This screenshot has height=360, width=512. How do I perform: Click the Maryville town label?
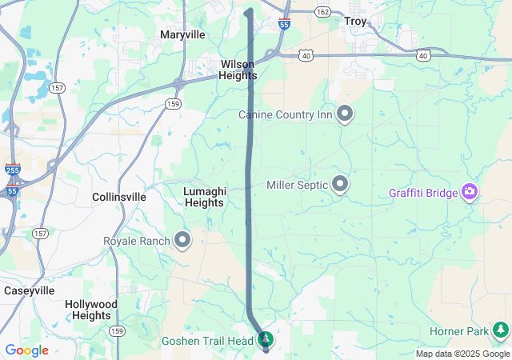point(182,34)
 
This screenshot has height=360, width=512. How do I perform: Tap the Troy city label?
point(354,22)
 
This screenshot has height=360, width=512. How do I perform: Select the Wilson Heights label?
point(238,70)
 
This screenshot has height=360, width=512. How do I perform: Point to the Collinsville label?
point(119,197)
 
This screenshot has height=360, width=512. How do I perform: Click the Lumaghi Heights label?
point(205,197)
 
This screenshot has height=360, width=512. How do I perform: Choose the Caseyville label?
point(28,290)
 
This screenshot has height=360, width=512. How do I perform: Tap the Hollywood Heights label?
point(91,310)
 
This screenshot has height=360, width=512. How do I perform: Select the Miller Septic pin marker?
point(340,184)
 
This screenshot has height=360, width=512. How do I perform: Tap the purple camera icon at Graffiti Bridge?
point(470,192)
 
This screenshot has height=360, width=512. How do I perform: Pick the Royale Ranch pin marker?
point(182,239)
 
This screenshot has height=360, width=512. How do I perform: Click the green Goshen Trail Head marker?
point(266,340)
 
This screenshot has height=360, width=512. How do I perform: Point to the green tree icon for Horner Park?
point(501,329)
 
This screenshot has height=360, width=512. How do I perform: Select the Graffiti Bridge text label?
point(423,193)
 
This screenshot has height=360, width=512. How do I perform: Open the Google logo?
point(26,350)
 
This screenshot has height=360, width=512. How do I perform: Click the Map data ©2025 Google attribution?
point(462,354)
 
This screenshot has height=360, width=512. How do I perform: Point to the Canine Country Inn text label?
point(286,115)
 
